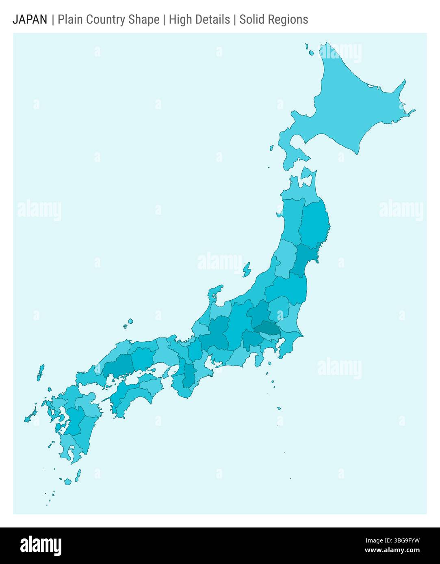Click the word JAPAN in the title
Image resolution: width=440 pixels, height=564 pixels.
pyautogui.click(x=30, y=19)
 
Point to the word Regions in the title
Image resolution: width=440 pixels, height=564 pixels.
pyautogui.click(x=288, y=19)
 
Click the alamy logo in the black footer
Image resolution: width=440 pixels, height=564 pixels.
pyautogui.click(x=41, y=545)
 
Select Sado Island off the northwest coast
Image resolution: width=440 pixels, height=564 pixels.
pyautogui.click(x=247, y=269)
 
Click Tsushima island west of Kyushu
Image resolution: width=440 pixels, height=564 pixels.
pyautogui.click(x=40, y=372)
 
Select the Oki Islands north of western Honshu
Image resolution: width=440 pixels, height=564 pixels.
pyautogui.click(x=129, y=323)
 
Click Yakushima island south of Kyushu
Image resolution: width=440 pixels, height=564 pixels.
pyautogui.click(x=77, y=475)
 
